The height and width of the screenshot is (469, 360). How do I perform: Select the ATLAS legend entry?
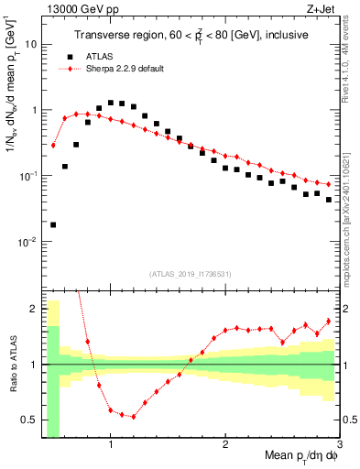click(x=96, y=56)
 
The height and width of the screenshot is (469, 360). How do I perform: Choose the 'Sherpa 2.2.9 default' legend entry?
click(x=120, y=70)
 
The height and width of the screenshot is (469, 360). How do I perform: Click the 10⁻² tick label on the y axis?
click(x=26, y=242)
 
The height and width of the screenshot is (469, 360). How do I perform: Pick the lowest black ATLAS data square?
click(x=53, y=224)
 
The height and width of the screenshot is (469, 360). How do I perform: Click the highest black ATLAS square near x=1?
click(x=111, y=103)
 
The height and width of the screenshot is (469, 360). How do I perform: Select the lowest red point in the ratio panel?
click(x=134, y=417)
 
